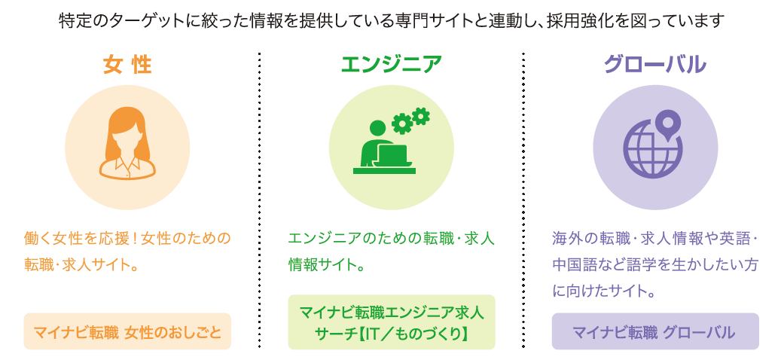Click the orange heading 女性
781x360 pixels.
[x=127, y=66]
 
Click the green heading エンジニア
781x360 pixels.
[x=391, y=66]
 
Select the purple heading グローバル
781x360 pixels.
[x=655, y=66]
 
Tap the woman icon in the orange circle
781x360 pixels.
[x=127, y=142]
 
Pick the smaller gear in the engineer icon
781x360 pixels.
[x=420, y=115]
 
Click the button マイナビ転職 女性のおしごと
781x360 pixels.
[x=127, y=331]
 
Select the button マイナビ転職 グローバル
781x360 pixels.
[x=655, y=331]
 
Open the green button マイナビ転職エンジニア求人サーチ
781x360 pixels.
[x=392, y=322]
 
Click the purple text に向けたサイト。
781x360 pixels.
[x=603, y=291]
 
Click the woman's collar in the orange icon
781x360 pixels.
[x=127, y=163]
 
